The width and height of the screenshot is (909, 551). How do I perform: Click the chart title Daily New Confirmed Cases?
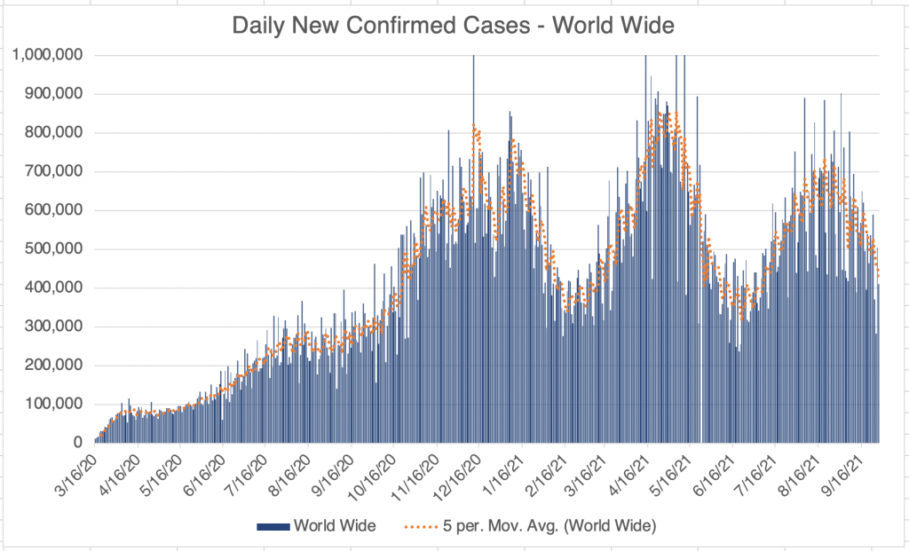453,26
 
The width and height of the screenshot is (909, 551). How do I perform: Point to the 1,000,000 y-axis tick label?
49,55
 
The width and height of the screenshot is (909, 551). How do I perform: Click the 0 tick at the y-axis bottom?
78,443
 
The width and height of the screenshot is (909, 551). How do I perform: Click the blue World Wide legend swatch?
273,527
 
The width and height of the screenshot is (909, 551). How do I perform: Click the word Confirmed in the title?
441,26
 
